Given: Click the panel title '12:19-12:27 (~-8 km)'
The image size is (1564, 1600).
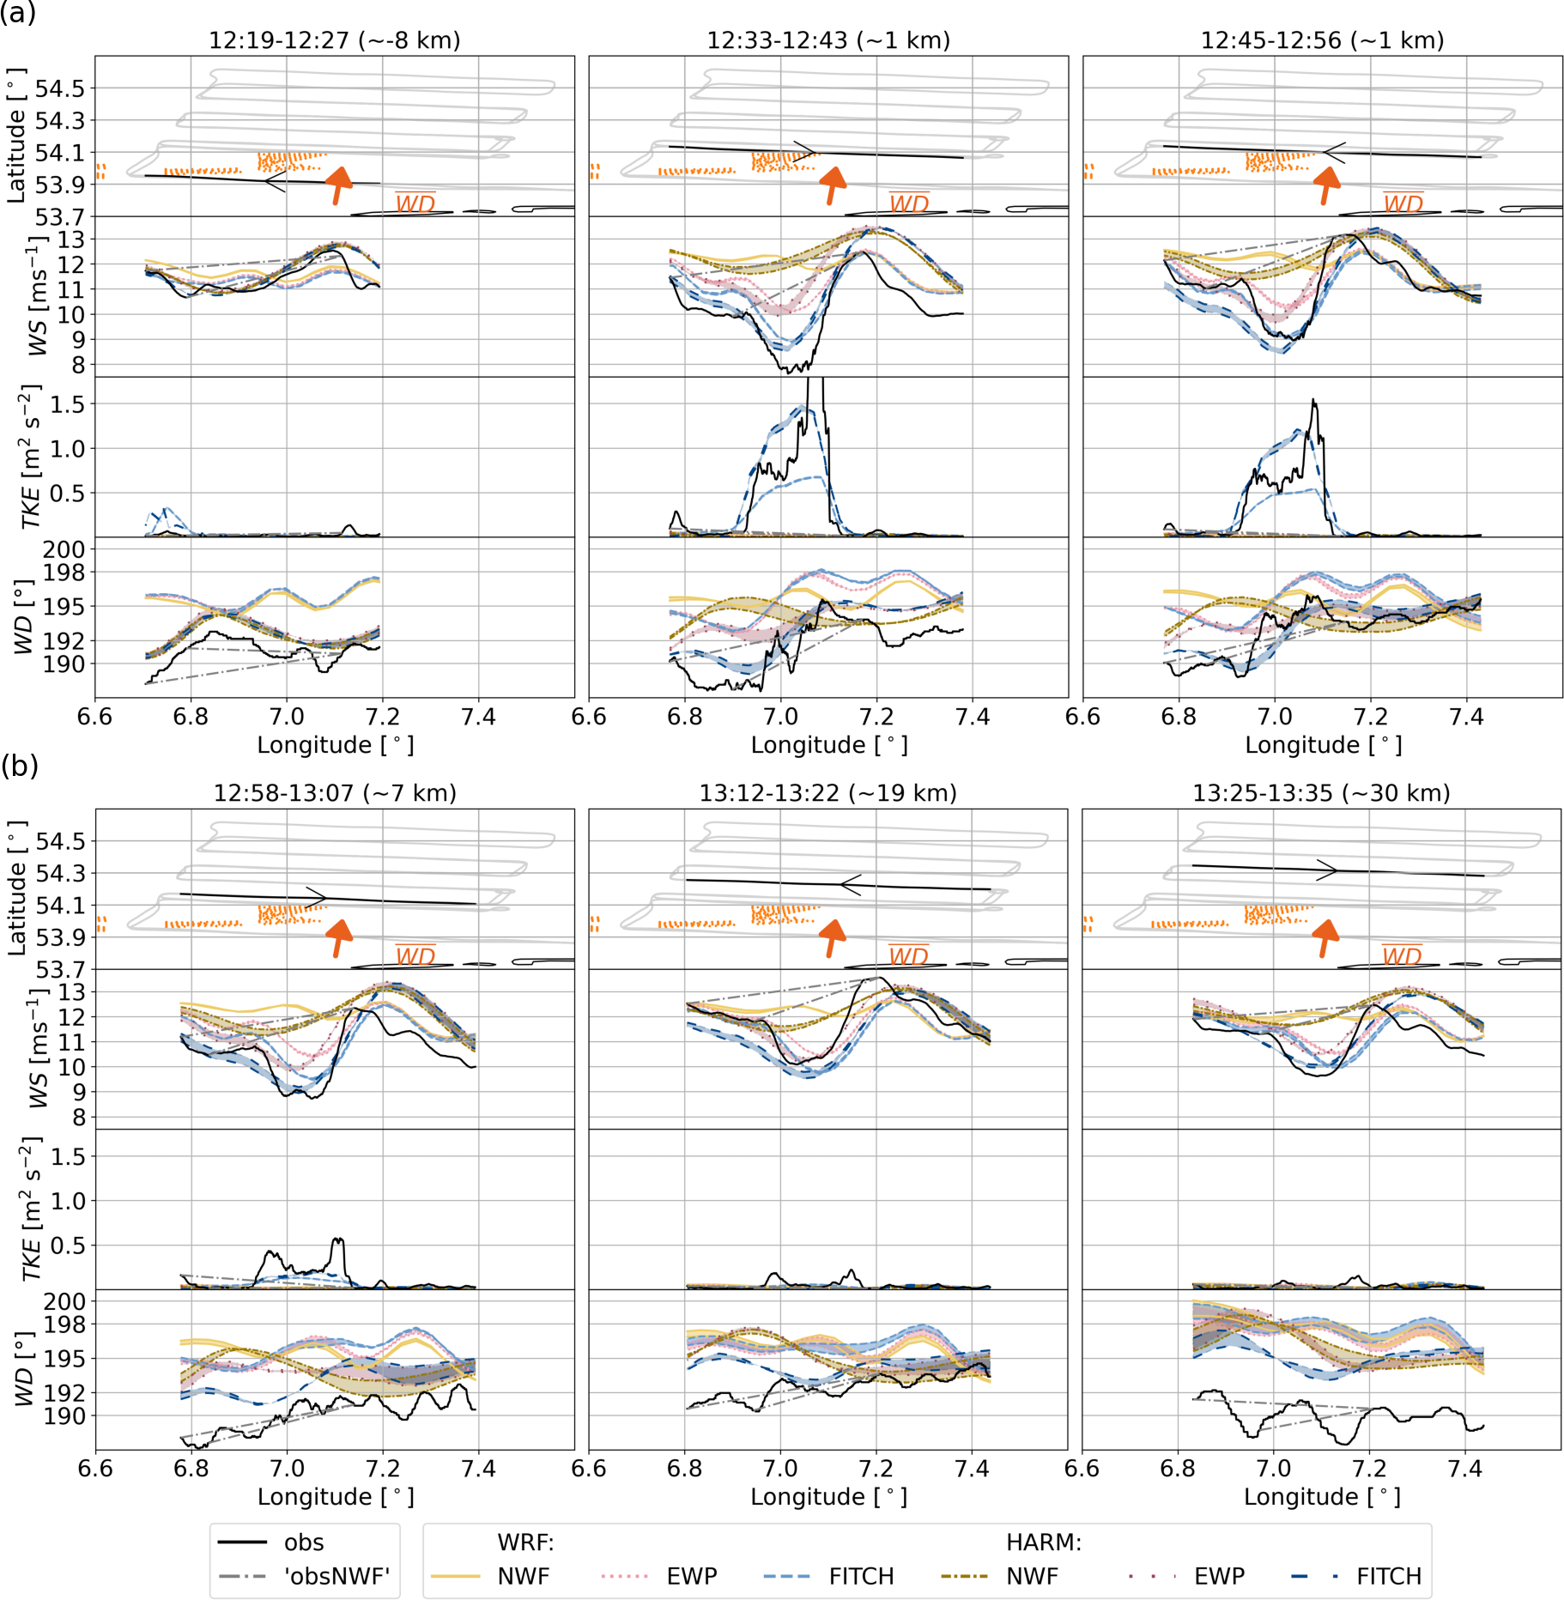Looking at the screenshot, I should tap(335, 40).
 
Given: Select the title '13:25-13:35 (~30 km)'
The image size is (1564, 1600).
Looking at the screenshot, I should tap(1321, 792).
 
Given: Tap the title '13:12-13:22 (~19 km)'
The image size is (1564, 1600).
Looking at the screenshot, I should tap(827, 792).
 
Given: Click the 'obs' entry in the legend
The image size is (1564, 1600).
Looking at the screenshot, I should tap(304, 1542).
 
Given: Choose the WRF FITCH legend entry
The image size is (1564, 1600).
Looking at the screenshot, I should tap(861, 1576).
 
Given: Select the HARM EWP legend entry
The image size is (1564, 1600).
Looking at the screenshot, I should tap(1219, 1576).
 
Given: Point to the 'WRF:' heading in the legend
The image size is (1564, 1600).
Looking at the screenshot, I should tap(525, 1542).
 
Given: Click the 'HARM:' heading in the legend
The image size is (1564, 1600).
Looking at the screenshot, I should tap(1043, 1542).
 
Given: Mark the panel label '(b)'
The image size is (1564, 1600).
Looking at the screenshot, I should tap(19, 765).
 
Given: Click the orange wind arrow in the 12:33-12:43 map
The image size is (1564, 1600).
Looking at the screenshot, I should tap(832, 184).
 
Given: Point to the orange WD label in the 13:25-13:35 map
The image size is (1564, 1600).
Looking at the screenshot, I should tap(1402, 955).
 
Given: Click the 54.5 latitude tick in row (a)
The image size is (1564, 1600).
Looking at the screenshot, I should tap(60, 89).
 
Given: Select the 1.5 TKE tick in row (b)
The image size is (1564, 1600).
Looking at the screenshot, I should tap(67, 1157).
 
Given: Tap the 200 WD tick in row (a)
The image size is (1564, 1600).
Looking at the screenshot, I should tap(64, 550).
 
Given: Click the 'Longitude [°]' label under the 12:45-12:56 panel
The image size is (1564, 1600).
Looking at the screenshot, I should tap(1323, 745).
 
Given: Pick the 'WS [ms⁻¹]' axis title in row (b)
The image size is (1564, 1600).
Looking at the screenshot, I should tap(38, 1048).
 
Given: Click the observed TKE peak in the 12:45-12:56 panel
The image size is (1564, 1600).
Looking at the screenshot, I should tap(1313, 401).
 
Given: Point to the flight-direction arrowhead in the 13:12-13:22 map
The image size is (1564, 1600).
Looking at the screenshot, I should tap(849, 885).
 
